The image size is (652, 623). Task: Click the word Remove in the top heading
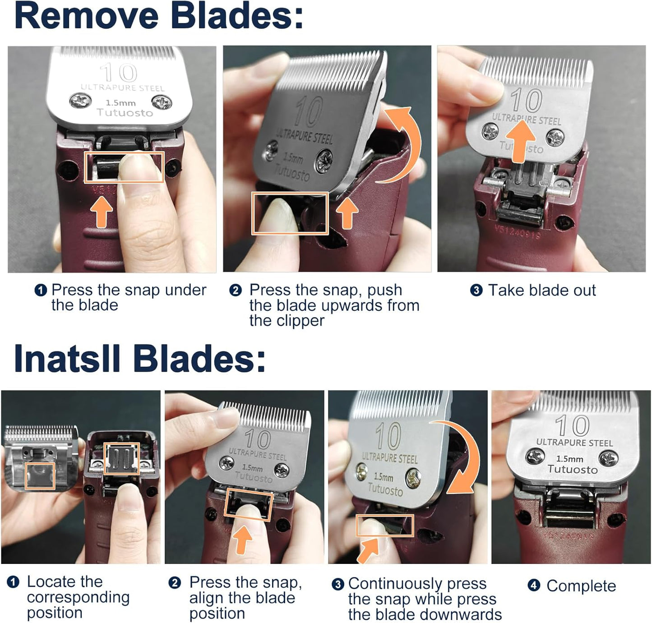click(86, 16)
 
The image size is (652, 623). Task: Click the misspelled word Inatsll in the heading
click(67, 359)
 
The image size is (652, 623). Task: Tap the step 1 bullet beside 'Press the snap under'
click(41, 290)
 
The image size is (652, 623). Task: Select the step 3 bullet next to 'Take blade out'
click(476, 290)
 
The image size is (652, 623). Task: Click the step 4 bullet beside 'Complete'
click(534, 586)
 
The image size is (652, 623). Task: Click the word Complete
click(581, 586)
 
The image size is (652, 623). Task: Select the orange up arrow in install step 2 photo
click(243, 539)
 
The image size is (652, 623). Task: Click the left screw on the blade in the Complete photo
click(536, 457)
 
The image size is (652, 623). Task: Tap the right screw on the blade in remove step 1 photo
click(161, 102)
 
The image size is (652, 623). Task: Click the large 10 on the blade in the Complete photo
click(573, 425)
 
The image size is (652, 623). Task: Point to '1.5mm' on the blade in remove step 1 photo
click(120, 103)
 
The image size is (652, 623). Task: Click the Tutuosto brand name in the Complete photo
click(573, 470)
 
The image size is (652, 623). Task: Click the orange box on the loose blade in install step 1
click(40, 476)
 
